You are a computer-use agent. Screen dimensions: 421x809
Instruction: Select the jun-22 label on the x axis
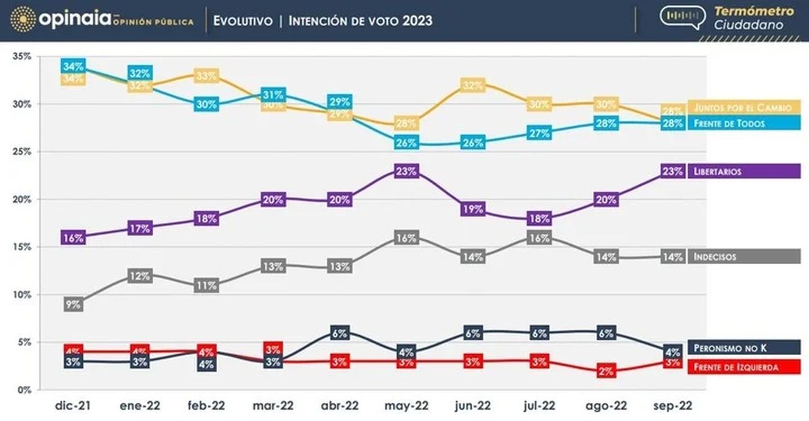tap(473, 406)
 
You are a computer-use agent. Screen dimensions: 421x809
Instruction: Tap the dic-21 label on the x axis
tap(73, 406)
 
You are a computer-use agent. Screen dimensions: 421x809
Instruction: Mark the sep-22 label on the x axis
tap(672, 406)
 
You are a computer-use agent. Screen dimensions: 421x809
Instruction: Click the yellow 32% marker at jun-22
tap(473, 85)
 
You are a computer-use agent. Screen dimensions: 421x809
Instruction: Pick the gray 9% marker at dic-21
tap(73, 304)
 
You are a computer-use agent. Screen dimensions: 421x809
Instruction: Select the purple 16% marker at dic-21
tap(73, 237)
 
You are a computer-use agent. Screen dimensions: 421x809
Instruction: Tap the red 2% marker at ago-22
tap(605, 371)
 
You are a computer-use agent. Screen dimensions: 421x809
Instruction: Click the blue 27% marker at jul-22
tap(539, 133)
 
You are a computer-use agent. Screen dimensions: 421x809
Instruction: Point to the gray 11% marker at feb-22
tap(206, 285)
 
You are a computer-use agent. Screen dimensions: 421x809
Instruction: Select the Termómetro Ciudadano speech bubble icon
tap(682, 18)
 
